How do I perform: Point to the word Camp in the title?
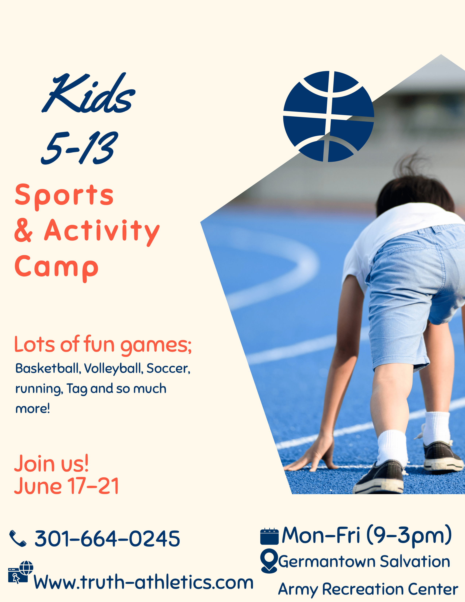click(x=57, y=268)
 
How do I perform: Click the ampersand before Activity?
click(x=23, y=230)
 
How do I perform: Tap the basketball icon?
click(x=329, y=116)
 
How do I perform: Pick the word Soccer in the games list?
click(x=168, y=368)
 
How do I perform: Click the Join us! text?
click(x=51, y=463)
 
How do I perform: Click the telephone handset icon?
click(x=18, y=538)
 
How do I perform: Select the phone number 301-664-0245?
click(x=107, y=538)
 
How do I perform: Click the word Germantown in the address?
click(x=327, y=562)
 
